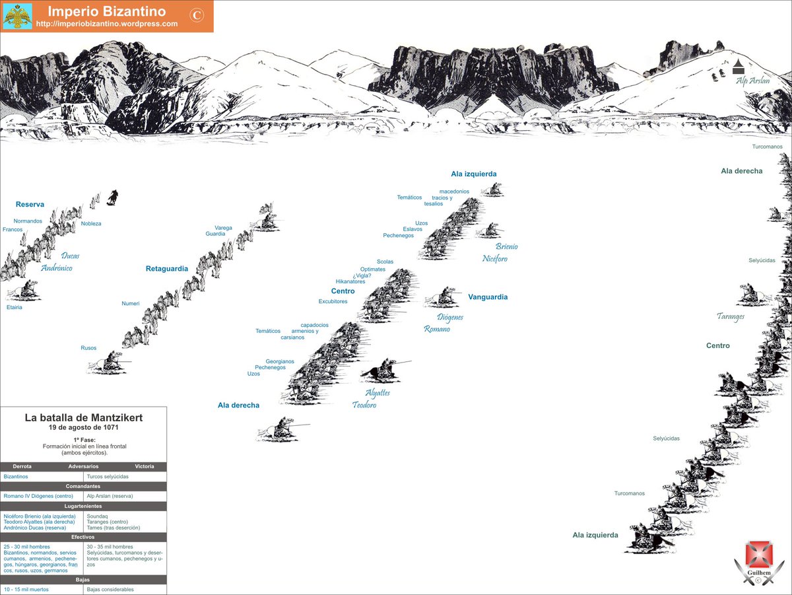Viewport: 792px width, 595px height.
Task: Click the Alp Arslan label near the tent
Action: (753, 81)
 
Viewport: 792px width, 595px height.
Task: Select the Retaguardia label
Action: (166, 269)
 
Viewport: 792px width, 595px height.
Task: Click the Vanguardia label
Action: (488, 297)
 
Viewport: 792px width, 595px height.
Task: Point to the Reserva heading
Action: (30, 205)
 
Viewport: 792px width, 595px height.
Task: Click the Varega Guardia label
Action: (219, 230)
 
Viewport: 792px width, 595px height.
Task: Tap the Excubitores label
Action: (333, 302)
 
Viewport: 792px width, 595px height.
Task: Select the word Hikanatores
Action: (350, 281)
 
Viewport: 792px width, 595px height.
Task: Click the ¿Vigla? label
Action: (361, 275)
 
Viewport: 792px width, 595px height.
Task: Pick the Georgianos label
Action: (280, 361)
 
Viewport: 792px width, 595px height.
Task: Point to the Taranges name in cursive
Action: (730, 317)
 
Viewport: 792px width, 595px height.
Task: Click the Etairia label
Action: (15, 307)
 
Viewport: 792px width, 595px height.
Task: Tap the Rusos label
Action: (88, 348)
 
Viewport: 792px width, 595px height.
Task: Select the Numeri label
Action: (130, 303)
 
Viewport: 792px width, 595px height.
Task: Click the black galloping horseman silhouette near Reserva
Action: (113, 196)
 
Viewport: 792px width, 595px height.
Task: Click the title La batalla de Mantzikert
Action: (83, 417)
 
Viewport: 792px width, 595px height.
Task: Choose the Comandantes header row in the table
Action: (83, 486)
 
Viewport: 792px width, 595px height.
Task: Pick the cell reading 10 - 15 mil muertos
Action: (26, 589)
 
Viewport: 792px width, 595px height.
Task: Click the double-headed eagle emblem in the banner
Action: (17, 17)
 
